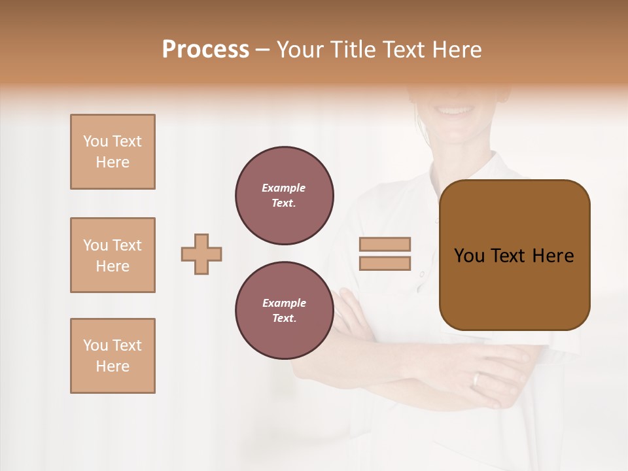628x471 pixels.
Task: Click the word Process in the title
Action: click(x=205, y=50)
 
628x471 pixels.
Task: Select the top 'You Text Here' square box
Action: click(x=113, y=152)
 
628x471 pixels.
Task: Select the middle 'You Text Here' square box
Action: click(x=113, y=255)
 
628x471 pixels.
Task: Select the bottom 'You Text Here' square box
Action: click(x=113, y=356)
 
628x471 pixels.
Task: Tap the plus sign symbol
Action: click(x=201, y=254)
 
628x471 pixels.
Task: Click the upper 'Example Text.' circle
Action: click(x=285, y=196)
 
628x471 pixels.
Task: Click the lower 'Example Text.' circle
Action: click(x=285, y=311)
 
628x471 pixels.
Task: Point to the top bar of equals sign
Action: click(x=385, y=244)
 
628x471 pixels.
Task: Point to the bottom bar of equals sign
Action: click(x=385, y=264)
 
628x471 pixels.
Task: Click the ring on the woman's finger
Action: click(x=477, y=379)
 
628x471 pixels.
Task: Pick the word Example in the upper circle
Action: click(x=283, y=188)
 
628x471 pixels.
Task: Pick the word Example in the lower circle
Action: click(x=284, y=303)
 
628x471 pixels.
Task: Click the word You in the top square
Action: click(x=94, y=141)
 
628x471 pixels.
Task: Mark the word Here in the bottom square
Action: click(x=113, y=366)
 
